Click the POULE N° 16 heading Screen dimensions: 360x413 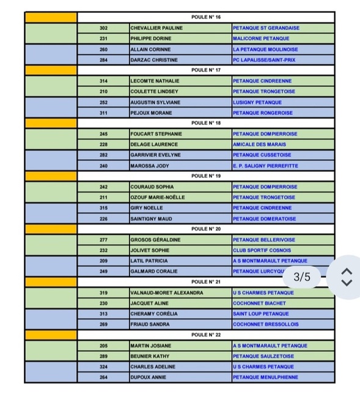click(206, 17)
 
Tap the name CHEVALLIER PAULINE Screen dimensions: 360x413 click(156, 28)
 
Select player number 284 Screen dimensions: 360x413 click(103, 60)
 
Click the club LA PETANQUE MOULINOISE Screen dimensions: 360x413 click(265, 50)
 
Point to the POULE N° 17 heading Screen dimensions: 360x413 click(206, 70)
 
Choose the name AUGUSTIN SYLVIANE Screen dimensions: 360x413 click(155, 102)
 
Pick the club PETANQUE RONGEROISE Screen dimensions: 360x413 click(262, 113)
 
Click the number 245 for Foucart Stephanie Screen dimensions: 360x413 click(103, 134)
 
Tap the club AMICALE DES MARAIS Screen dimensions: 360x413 click(259, 144)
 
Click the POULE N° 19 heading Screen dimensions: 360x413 click(206, 176)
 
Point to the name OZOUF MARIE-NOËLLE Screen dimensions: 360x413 click(158, 198)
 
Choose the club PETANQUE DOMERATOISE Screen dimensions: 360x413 click(264, 218)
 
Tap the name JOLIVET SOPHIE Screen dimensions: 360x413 click(150, 250)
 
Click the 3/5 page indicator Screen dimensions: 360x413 click(302, 277)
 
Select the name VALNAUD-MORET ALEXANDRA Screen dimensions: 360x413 click(166, 292)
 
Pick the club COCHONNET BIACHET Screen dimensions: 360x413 click(259, 303)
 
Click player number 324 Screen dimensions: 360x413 click(103, 366)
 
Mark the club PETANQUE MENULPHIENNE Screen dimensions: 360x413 click(265, 378)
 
